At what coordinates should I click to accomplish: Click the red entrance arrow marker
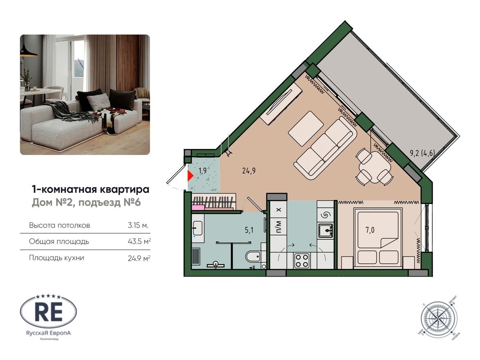coord(190,176)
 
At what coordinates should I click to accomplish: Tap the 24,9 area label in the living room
coord(248,171)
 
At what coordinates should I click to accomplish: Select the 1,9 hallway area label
coord(202,171)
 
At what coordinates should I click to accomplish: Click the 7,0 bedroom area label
coord(371,230)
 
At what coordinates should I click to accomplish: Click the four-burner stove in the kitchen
coord(302,261)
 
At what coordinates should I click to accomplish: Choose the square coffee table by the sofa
coord(305,128)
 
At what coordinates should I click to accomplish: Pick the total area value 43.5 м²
coord(139,241)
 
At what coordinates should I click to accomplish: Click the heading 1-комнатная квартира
coord(90,189)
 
